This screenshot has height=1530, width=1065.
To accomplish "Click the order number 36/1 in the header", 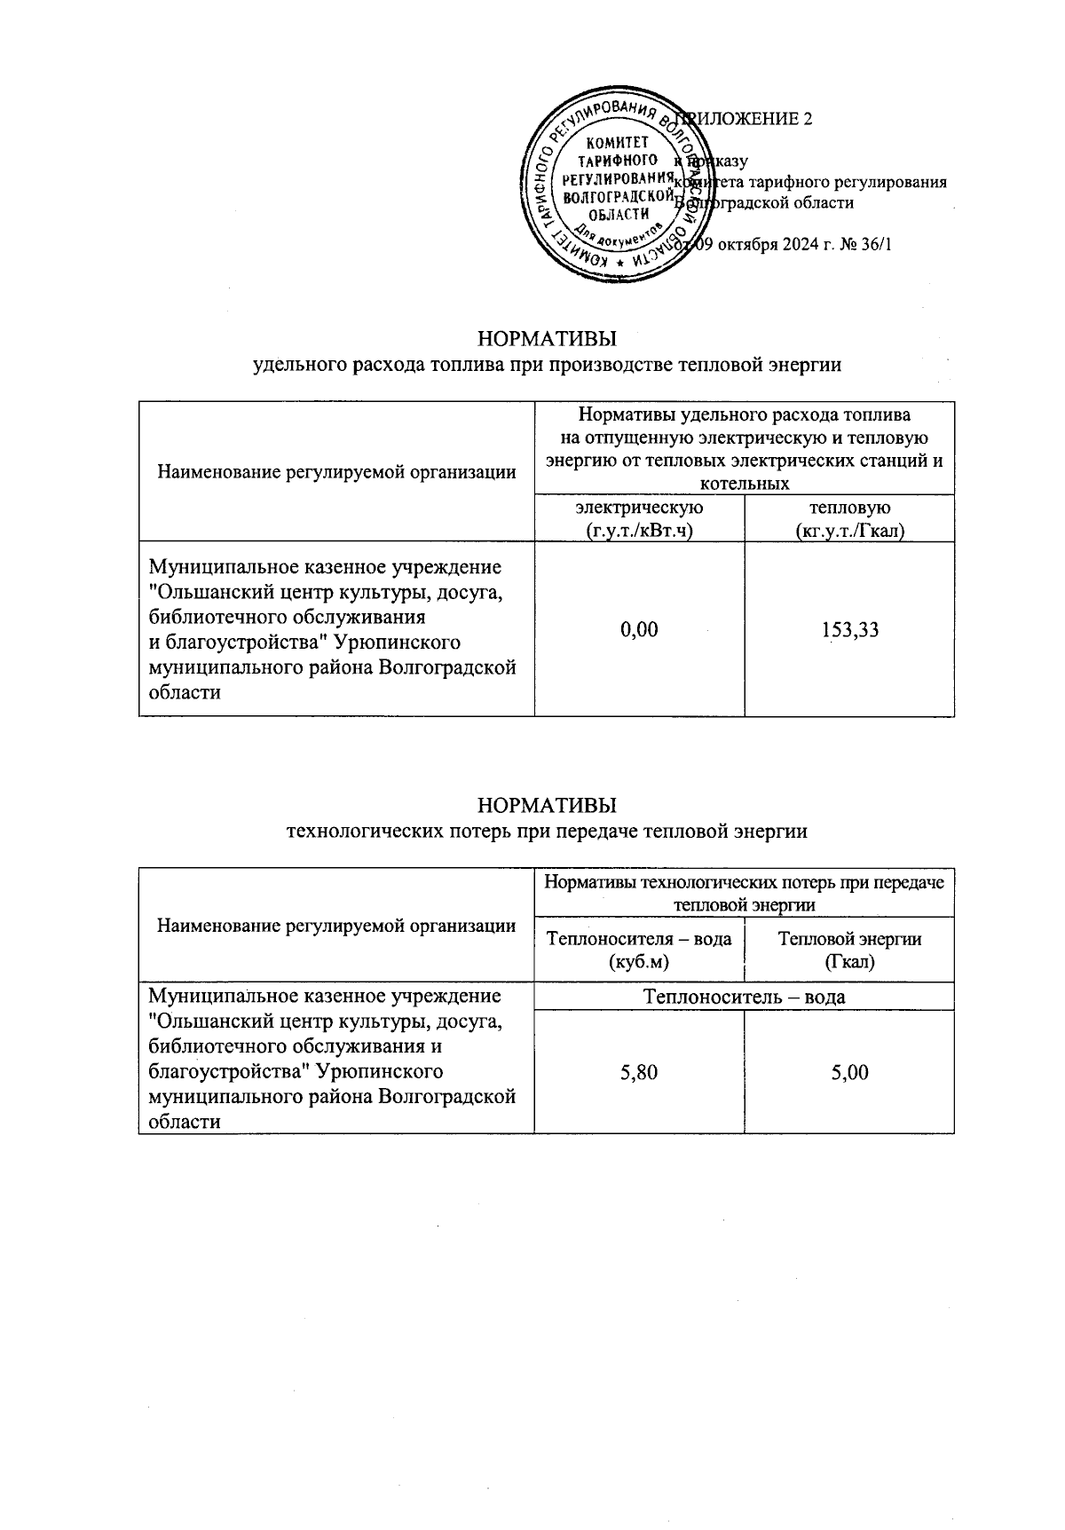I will tap(875, 244).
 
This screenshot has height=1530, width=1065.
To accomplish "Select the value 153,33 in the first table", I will tap(849, 629).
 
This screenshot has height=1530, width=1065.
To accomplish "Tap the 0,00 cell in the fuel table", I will tap(639, 629).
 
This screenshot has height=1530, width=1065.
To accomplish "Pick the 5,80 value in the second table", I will tap(639, 1072).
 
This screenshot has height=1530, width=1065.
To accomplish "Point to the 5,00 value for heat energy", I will tap(849, 1072).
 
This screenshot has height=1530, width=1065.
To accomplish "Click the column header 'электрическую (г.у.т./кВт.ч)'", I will tap(639, 519).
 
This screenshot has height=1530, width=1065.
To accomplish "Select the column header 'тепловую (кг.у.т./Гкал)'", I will tap(849, 519).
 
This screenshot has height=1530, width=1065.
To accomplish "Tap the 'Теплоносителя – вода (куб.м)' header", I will tap(639, 950).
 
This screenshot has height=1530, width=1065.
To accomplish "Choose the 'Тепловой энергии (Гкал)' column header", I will tap(849, 950).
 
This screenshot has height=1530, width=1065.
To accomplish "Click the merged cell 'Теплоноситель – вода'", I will tap(744, 997).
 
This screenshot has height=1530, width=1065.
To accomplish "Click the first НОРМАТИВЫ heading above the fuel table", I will tap(547, 340).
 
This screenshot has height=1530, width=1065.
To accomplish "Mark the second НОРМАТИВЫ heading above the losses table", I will tap(547, 806).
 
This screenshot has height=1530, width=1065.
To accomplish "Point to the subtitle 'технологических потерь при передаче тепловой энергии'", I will tap(547, 832).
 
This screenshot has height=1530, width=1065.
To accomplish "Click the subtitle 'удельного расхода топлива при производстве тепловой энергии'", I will tap(547, 365).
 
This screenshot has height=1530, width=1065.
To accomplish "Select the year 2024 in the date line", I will tap(801, 244).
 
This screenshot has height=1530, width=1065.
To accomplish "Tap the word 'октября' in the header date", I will tap(747, 244).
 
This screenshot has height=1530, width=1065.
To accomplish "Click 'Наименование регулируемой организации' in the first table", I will tap(336, 472).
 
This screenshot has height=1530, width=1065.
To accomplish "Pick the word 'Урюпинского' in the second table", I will tap(387, 1072).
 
